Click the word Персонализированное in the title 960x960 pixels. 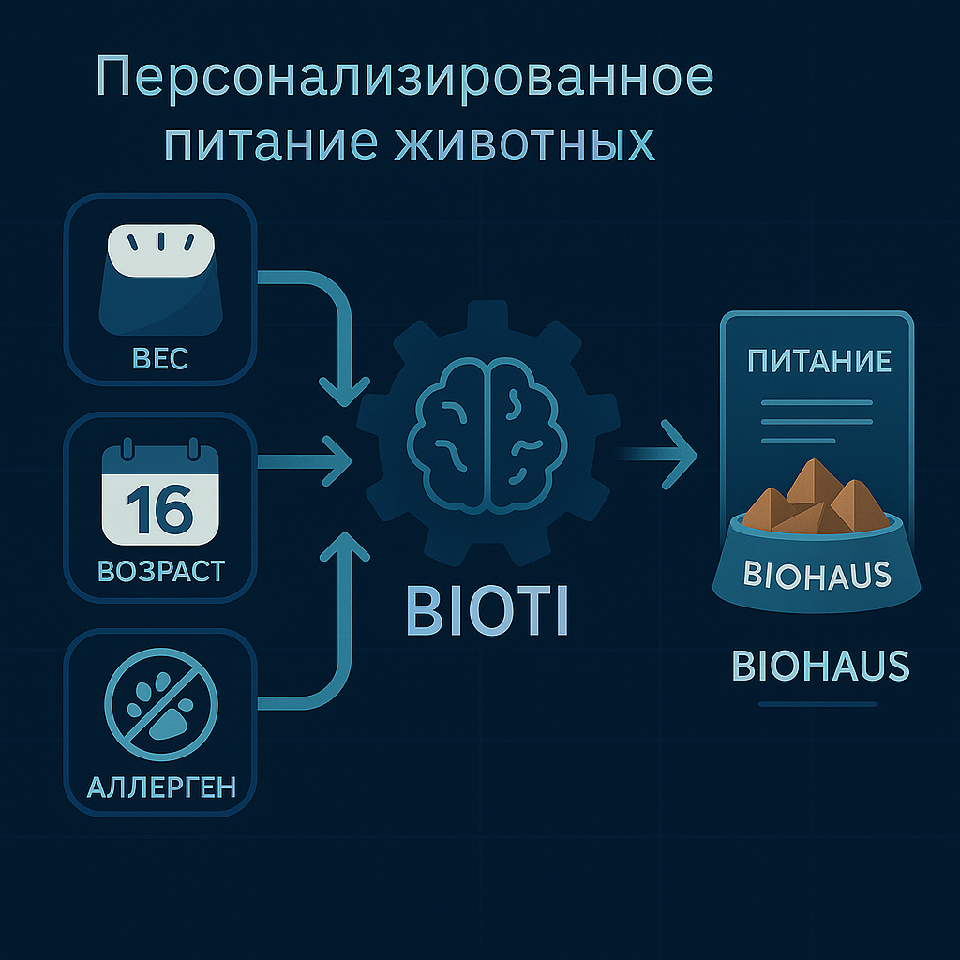tap(405, 78)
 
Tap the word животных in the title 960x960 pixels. tap(524, 143)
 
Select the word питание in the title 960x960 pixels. tap(271, 144)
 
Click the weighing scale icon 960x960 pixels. tap(160, 279)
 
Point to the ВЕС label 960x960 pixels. tap(160, 359)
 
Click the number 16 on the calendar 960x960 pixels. tap(160, 509)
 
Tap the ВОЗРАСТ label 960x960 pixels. tap(161, 571)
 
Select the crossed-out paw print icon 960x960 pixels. tap(161, 704)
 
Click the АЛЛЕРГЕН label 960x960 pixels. tap(161, 787)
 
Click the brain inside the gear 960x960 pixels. tap(487, 435)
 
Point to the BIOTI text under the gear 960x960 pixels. tap(487, 611)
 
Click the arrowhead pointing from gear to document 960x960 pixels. tap(680, 455)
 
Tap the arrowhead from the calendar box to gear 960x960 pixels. tap(337, 461)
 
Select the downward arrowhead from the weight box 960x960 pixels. tap(345, 392)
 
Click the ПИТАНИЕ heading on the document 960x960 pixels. tap(819, 361)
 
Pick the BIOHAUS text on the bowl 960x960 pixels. tap(817, 575)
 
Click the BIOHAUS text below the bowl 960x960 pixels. tap(820, 667)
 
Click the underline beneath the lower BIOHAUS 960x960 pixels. tap(817, 704)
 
